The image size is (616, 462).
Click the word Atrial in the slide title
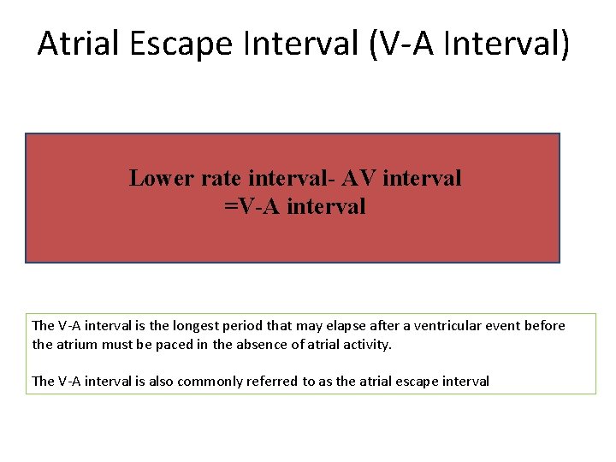tap(79, 43)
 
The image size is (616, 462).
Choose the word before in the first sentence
tap(548, 326)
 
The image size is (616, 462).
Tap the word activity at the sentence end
tap(368, 345)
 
